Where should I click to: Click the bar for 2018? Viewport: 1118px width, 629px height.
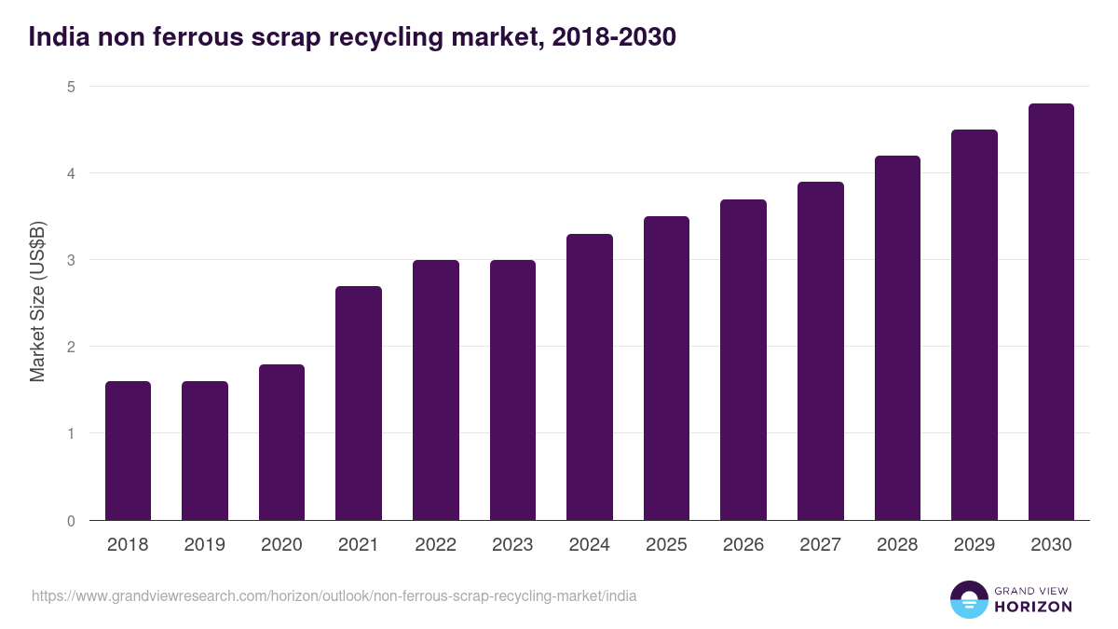[x=128, y=451]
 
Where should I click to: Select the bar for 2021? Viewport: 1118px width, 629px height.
[x=359, y=403]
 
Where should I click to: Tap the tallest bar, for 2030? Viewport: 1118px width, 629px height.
[x=1051, y=312]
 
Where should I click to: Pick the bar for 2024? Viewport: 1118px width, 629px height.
[x=590, y=377]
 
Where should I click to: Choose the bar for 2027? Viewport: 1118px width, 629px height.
[x=821, y=351]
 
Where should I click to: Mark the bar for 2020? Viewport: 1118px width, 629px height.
[x=281, y=443]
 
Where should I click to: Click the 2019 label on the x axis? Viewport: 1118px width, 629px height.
[x=205, y=545]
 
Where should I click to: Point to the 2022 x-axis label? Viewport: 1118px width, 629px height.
[x=435, y=545]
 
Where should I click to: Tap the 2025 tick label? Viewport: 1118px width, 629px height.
[x=666, y=545]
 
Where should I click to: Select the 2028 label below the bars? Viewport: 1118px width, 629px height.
[x=897, y=545]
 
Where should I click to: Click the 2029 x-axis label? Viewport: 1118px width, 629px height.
[x=975, y=545]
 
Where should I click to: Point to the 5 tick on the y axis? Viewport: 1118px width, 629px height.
[x=70, y=87]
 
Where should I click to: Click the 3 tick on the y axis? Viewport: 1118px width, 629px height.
[x=70, y=260]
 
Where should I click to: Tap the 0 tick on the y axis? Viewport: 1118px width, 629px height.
[x=70, y=521]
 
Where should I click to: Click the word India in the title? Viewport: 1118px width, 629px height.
[x=55, y=37]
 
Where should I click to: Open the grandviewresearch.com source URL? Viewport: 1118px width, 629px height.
[x=334, y=595]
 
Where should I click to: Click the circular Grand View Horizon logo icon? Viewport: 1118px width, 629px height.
[x=968, y=599]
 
